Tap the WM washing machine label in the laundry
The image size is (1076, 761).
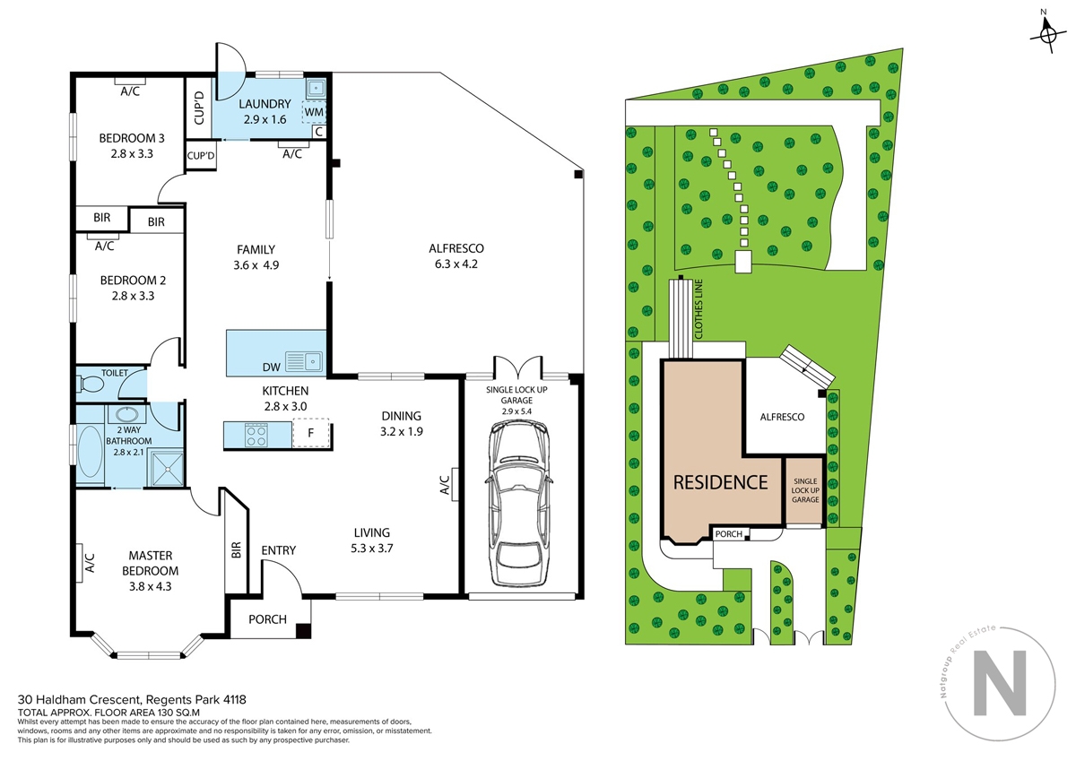tap(314, 112)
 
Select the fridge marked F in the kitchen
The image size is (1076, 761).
tap(311, 433)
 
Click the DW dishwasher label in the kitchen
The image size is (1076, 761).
tap(272, 368)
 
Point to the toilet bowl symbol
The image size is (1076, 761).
tap(91, 385)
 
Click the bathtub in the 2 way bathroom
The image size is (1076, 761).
tap(90, 452)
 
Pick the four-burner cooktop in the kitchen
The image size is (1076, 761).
tap(256, 435)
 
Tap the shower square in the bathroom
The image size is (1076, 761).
tap(166, 469)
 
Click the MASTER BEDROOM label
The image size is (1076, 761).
tap(151, 563)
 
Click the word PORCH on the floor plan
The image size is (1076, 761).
tap(267, 619)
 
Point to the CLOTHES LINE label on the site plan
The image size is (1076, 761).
tap(699, 309)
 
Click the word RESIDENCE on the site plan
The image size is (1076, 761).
tap(721, 482)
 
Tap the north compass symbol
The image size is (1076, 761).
tap(1048, 35)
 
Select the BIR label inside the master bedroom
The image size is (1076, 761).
tap(236, 550)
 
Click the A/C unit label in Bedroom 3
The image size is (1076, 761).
tap(130, 91)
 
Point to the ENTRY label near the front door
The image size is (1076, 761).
tap(279, 550)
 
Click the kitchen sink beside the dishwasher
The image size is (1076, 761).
tap(304, 361)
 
